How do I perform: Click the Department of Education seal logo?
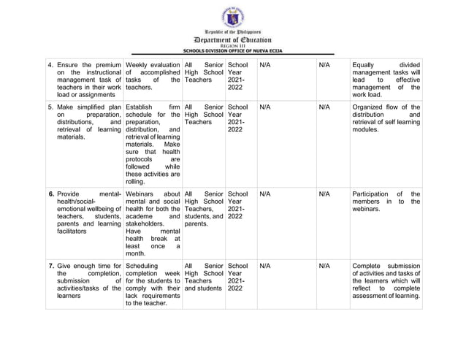coord(232,17)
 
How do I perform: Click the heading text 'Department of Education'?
coord(232,40)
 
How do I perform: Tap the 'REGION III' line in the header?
coord(232,46)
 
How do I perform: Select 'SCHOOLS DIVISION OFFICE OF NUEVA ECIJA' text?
coord(232,51)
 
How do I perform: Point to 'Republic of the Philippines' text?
coord(232,34)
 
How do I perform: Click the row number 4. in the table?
coord(50,65)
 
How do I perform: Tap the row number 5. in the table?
coord(50,107)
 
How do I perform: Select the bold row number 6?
coord(50,194)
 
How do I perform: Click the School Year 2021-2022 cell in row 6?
coord(240,205)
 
